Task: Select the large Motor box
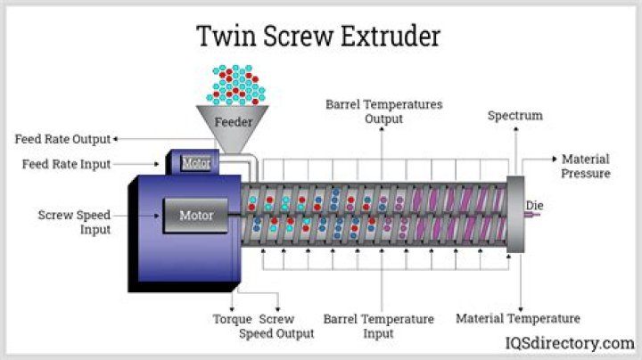[x=197, y=215]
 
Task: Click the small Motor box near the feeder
[x=195, y=163]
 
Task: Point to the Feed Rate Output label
[x=62, y=139]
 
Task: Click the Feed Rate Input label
[x=67, y=164]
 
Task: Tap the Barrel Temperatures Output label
[x=383, y=111]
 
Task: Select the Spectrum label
[x=515, y=116]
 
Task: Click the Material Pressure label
[x=585, y=166]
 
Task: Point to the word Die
[x=534, y=206]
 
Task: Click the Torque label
[x=231, y=318]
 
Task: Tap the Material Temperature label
[x=518, y=318]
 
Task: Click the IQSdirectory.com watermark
[x=572, y=343]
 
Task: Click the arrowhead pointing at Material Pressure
[x=555, y=159]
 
